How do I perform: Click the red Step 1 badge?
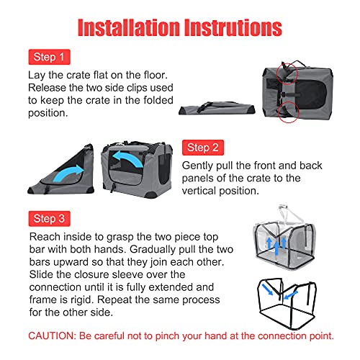tap(49, 57)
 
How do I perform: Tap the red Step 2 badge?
tap(203, 148)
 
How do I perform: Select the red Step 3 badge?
tap(49, 219)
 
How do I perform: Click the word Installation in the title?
tap(129, 27)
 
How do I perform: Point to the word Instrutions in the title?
tap(233, 27)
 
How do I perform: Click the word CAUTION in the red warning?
tap(52, 336)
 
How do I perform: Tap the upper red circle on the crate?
tap(287, 74)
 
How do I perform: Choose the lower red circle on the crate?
tap(288, 112)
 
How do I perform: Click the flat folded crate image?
tap(217, 108)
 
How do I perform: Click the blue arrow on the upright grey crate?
tap(127, 158)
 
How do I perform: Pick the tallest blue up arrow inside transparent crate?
tap(276, 248)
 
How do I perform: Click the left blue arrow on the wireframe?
tap(267, 289)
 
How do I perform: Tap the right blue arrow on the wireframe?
tap(290, 295)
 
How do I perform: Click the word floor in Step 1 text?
tap(156, 75)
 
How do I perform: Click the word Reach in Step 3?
tap(45, 237)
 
